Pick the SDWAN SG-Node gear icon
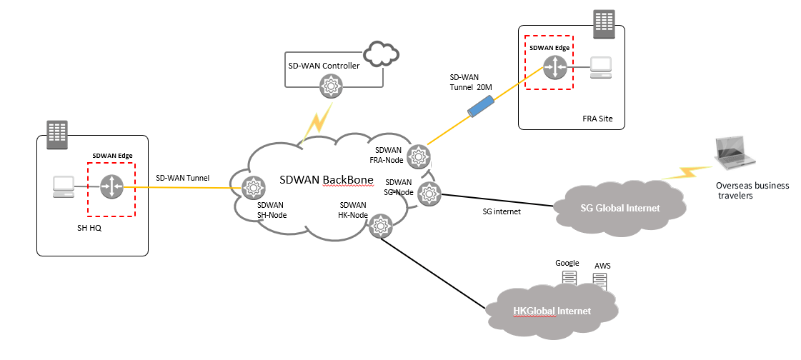[x=428, y=191]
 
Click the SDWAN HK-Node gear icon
[x=380, y=227]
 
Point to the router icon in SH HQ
[x=112, y=188]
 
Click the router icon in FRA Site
[x=554, y=68]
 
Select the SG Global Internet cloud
[x=619, y=208]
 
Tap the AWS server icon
[x=600, y=281]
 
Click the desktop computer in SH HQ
[x=64, y=187]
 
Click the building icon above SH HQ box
[x=56, y=134]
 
